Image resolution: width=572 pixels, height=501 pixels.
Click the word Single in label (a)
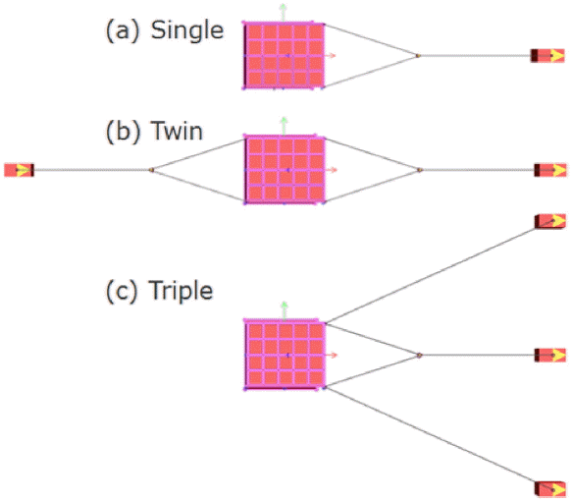[x=187, y=30]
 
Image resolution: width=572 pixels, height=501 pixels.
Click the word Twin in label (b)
[x=177, y=131]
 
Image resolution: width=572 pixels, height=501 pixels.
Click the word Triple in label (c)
[x=181, y=292]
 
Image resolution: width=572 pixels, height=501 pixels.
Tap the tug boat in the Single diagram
[x=547, y=56]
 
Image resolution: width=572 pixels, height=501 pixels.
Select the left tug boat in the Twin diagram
[x=19, y=170]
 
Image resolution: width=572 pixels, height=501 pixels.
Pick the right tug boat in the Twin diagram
[x=550, y=170]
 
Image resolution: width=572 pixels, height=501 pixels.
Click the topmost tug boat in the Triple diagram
[x=550, y=221]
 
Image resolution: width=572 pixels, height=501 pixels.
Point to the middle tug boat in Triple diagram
[x=550, y=355]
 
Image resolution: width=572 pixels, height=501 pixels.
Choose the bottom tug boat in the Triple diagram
[x=550, y=489]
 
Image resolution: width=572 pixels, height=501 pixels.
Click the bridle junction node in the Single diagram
[x=418, y=56]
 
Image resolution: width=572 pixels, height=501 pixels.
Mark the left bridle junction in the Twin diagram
[x=152, y=170]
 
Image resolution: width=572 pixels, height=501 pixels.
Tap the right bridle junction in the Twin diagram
[x=420, y=170]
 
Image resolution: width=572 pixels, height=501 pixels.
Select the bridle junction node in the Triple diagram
[x=419, y=355]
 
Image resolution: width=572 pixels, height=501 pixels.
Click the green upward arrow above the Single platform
[x=283, y=13]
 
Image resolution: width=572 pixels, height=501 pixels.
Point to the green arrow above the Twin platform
[x=284, y=126]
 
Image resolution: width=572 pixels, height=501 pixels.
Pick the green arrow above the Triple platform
[x=285, y=310]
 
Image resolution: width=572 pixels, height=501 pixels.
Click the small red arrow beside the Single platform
[x=330, y=56]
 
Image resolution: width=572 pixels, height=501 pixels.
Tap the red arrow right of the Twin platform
[x=332, y=170]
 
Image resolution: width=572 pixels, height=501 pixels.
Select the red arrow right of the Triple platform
[x=332, y=355]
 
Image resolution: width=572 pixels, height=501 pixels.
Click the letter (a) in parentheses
[x=123, y=31]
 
